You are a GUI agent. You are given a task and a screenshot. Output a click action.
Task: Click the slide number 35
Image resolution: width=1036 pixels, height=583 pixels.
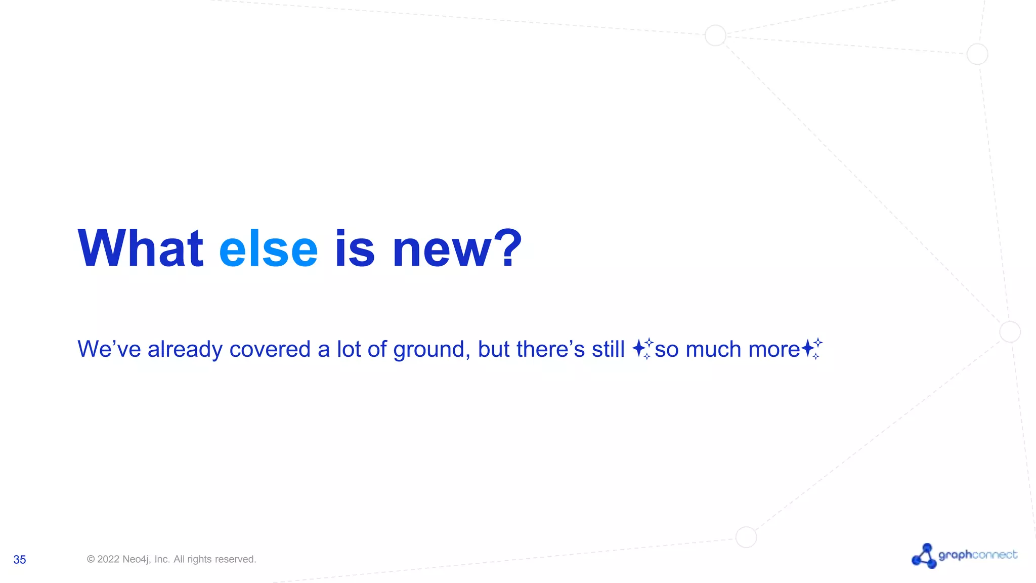coord(20,560)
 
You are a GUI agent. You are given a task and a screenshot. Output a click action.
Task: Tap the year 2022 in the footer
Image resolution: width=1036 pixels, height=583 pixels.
coord(108,559)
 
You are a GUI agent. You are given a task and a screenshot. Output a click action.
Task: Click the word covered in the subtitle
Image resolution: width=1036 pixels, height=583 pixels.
coord(270,349)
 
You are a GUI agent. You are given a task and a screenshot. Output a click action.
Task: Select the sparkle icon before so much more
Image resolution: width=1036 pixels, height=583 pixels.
coord(642,348)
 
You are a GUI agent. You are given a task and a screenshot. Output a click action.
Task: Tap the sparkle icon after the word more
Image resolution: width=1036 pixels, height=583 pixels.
coord(811,348)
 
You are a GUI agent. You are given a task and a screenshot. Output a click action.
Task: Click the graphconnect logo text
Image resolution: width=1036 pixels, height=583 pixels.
coord(977,555)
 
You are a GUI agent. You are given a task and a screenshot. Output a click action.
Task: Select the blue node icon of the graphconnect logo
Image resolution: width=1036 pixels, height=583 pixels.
coord(924,556)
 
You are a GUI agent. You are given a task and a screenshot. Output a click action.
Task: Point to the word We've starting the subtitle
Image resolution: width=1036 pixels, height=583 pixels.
coord(109,349)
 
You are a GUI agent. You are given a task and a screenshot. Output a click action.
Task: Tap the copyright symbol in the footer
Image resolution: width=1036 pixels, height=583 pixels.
coord(91,559)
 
